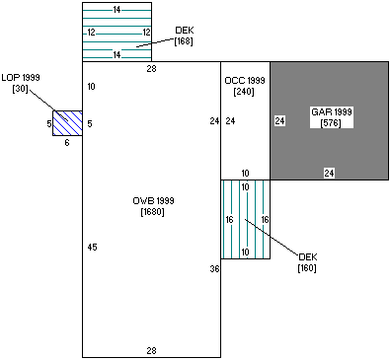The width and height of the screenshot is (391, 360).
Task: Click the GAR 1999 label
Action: [x=329, y=111]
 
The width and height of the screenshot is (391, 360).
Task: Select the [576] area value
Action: [x=329, y=122]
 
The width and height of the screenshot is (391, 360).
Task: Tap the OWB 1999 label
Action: [x=151, y=200]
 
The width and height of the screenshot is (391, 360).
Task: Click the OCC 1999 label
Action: [x=244, y=79]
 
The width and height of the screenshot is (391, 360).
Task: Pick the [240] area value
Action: [x=244, y=91]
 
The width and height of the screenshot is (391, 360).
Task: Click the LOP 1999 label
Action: [x=21, y=77]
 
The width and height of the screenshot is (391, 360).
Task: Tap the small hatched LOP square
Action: [x=67, y=122]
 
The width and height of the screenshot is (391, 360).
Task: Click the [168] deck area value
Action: [x=184, y=41]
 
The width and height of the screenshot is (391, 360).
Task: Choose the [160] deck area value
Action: [x=307, y=267]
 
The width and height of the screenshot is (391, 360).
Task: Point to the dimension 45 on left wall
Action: [x=92, y=247]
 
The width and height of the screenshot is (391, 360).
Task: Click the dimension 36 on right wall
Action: [x=213, y=268]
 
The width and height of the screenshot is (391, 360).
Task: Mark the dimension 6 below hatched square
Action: [x=67, y=142]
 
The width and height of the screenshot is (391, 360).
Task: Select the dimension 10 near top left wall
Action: [x=92, y=87]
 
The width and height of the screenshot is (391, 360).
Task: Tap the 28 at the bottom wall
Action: [x=151, y=350]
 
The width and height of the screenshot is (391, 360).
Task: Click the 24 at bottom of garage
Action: [x=329, y=173]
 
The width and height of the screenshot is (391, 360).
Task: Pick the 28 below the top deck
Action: [x=151, y=68]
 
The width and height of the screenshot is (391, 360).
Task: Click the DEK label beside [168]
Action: [x=184, y=31]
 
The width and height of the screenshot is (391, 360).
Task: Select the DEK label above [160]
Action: [x=307, y=256]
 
